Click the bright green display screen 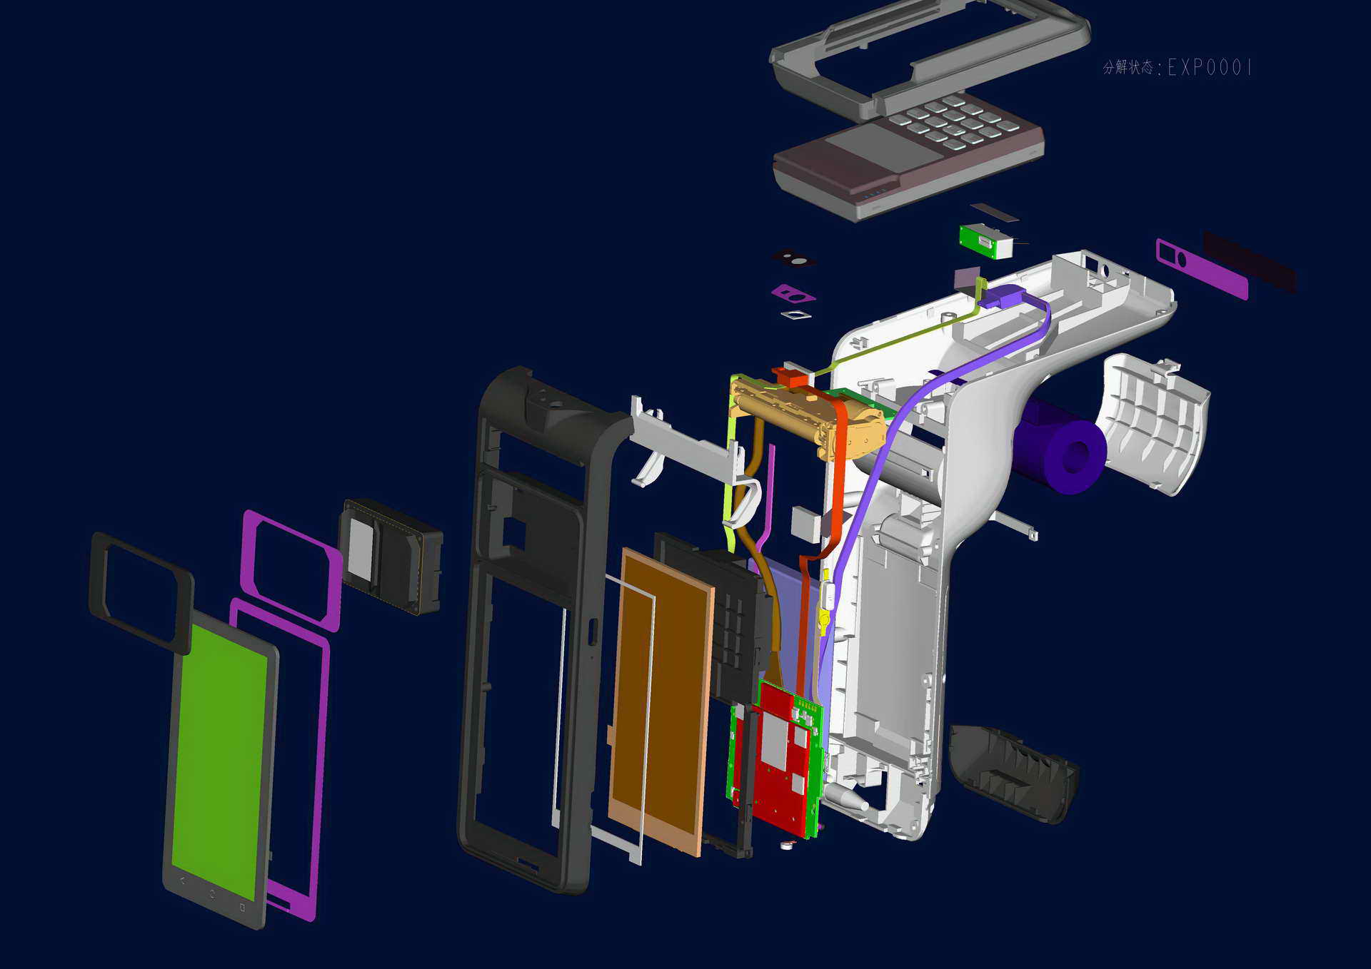tap(220, 760)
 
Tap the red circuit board tap(782, 756)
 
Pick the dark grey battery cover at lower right tap(1013, 774)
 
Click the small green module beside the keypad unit tap(985, 241)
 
